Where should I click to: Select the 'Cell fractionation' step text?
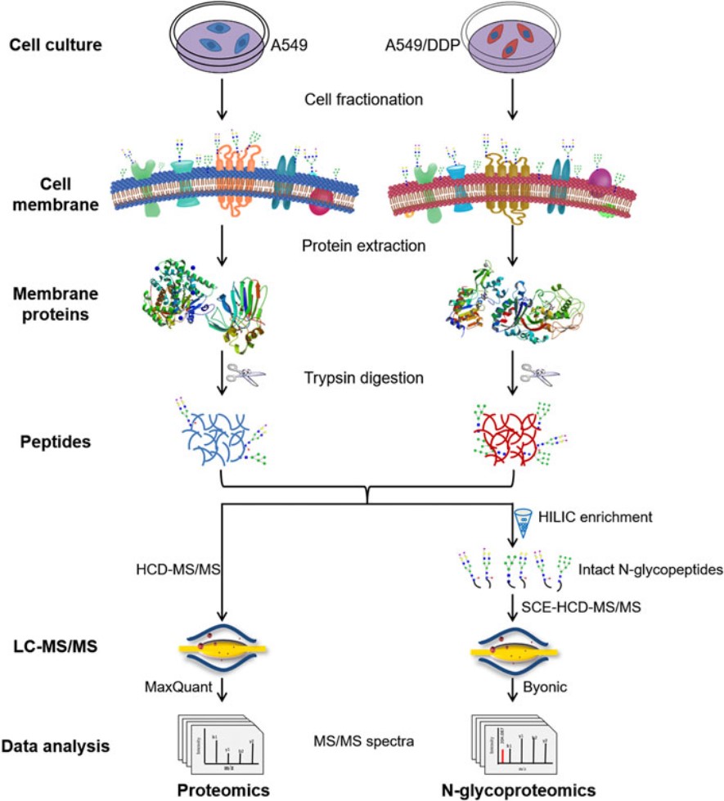click(363, 100)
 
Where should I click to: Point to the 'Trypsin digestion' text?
click(363, 380)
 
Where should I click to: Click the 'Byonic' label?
click(552, 690)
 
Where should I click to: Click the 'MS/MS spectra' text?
click(363, 741)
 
